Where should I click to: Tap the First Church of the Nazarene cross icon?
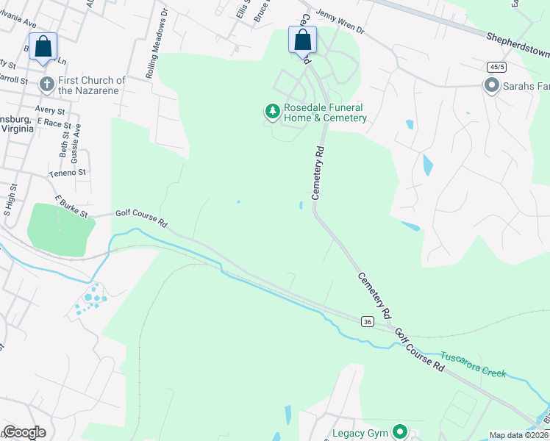(x=47, y=84)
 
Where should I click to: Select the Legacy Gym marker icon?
(x=400, y=431)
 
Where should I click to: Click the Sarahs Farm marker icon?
(x=491, y=86)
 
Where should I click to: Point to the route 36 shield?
(x=367, y=321)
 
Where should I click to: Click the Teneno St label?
(x=68, y=173)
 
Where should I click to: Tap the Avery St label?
(x=51, y=110)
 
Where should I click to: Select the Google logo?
(x=24, y=432)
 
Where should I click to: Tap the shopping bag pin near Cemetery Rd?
(x=302, y=40)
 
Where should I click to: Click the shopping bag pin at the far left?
(x=43, y=46)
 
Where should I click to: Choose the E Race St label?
(x=52, y=122)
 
